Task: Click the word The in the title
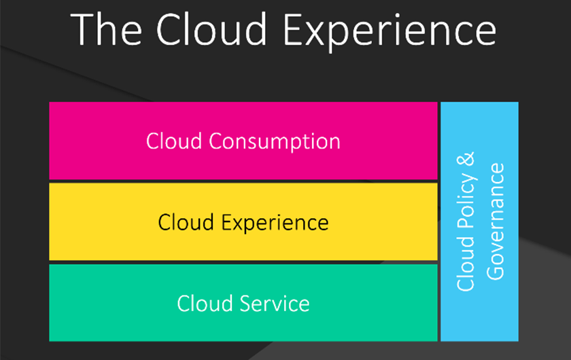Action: [x=106, y=29]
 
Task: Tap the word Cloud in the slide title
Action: [x=211, y=29]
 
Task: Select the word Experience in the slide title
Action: [x=390, y=33]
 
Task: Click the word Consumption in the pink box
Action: [x=274, y=142]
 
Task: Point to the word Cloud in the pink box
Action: [x=174, y=141]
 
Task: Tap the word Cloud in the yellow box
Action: [x=186, y=221]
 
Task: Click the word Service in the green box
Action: [x=275, y=303]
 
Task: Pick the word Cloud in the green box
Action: [x=205, y=303]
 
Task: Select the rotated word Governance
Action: [x=496, y=221]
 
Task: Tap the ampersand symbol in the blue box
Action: [x=466, y=159]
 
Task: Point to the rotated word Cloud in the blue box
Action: [x=466, y=264]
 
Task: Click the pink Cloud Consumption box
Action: [x=243, y=141]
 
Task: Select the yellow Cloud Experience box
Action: [x=243, y=221]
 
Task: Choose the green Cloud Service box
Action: [x=243, y=303]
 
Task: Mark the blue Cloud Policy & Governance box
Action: [x=480, y=221]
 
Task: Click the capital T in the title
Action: [x=82, y=29]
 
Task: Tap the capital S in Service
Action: [x=247, y=303]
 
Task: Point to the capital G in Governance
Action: [x=496, y=271]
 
